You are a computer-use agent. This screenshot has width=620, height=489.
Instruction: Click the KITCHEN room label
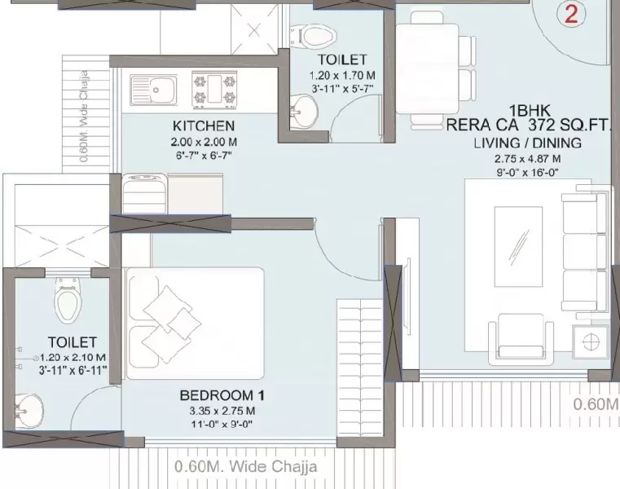204,126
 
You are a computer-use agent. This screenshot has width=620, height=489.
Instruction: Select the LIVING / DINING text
527,143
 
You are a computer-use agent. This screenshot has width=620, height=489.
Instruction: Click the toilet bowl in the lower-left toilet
66,302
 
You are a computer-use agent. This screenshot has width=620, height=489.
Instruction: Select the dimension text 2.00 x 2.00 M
204,142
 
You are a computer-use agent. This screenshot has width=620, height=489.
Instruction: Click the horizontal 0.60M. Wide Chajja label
245,467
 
